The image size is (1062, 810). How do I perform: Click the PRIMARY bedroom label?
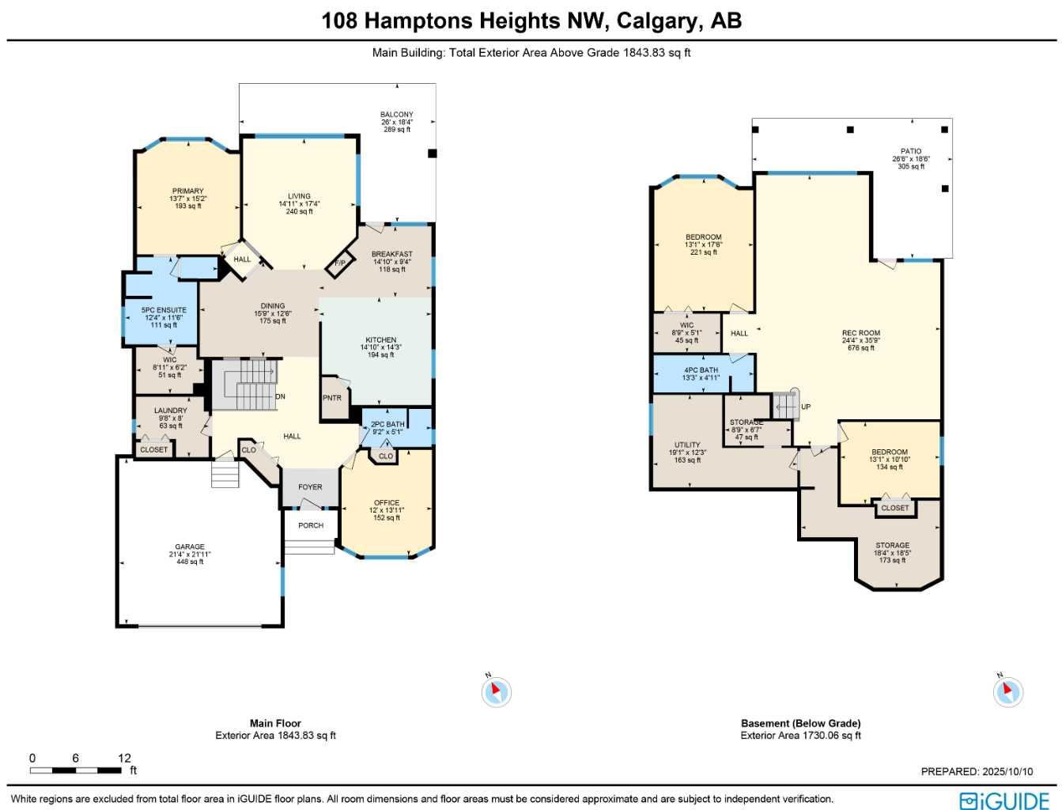[x=188, y=191]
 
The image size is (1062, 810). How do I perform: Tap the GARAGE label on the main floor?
[x=190, y=547]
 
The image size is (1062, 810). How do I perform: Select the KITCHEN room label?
[x=381, y=340]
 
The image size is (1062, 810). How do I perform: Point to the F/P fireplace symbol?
[x=340, y=263]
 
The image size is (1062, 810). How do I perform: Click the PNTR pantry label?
[x=332, y=398]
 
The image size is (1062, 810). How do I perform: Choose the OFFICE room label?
[x=387, y=503]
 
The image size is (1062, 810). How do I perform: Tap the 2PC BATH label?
[x=387, y=425]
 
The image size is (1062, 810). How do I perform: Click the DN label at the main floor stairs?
[x=280, y=396]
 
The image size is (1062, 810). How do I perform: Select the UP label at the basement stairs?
[x=806, y=407]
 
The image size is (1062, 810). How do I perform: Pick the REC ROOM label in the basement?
[x=861, y=334]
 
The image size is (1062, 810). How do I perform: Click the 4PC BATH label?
[x=701, y=370]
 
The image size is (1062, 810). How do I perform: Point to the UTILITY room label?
[x=687, y=445]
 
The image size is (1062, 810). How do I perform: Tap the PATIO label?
[x=911, y=152]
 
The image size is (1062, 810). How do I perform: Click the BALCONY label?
[x=397, y=115]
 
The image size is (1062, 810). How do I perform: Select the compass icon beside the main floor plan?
[x=496, y=692]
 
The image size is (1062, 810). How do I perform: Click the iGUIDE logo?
[x=1004, y=801]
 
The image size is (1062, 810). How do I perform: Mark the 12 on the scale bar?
[x=124, y=758]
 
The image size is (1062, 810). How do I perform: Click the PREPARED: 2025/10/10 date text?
[x=977, y=771]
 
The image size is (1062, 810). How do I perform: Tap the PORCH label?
[x=311, y=525]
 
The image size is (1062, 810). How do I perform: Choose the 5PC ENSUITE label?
[x=164, y=310]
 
